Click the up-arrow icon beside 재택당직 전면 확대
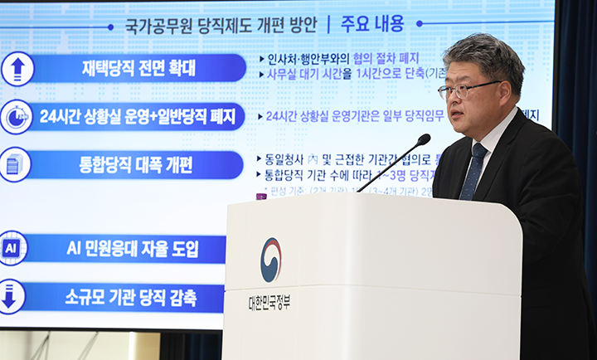tap(17, 69)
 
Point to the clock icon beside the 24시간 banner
tap(17, 117)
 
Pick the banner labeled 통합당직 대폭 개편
tap(136, 165)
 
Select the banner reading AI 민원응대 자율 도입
tap(124, 248)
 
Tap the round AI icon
tap(12, 248)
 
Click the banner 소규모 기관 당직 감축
tap(124, 297)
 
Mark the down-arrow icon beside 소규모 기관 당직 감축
tap(10, 297)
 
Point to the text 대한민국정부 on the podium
tap(269, 301)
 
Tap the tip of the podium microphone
tap(424, 139)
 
